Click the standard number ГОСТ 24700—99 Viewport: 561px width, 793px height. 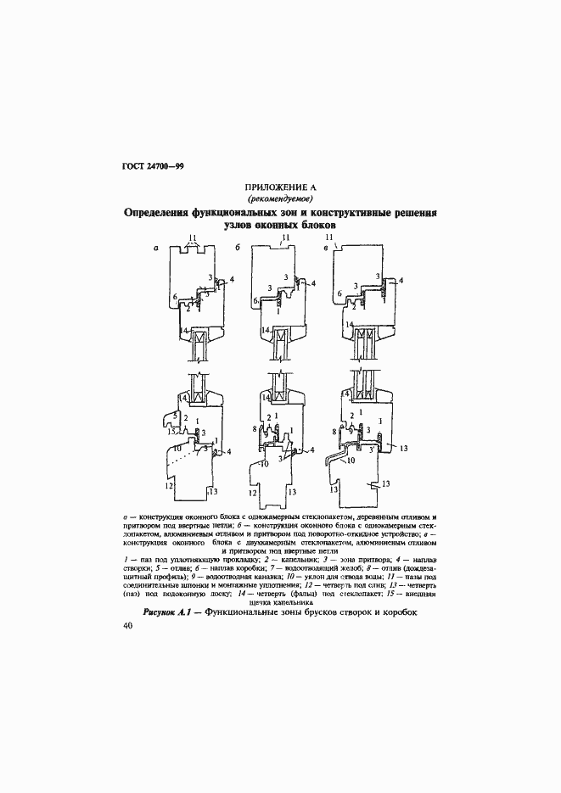click(147, 165)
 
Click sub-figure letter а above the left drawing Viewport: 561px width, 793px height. click(155, 248)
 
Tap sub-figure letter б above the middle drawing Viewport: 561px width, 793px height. click(238, 248)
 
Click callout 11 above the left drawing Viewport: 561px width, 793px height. click(193, 237)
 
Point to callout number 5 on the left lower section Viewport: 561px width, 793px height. click(175, 416)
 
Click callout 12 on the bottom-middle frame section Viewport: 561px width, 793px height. click(253, 492)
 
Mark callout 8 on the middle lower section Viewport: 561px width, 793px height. click(255, 430)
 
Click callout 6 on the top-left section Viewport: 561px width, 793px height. click(174, 297)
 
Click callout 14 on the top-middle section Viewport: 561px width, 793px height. click(265, 331)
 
